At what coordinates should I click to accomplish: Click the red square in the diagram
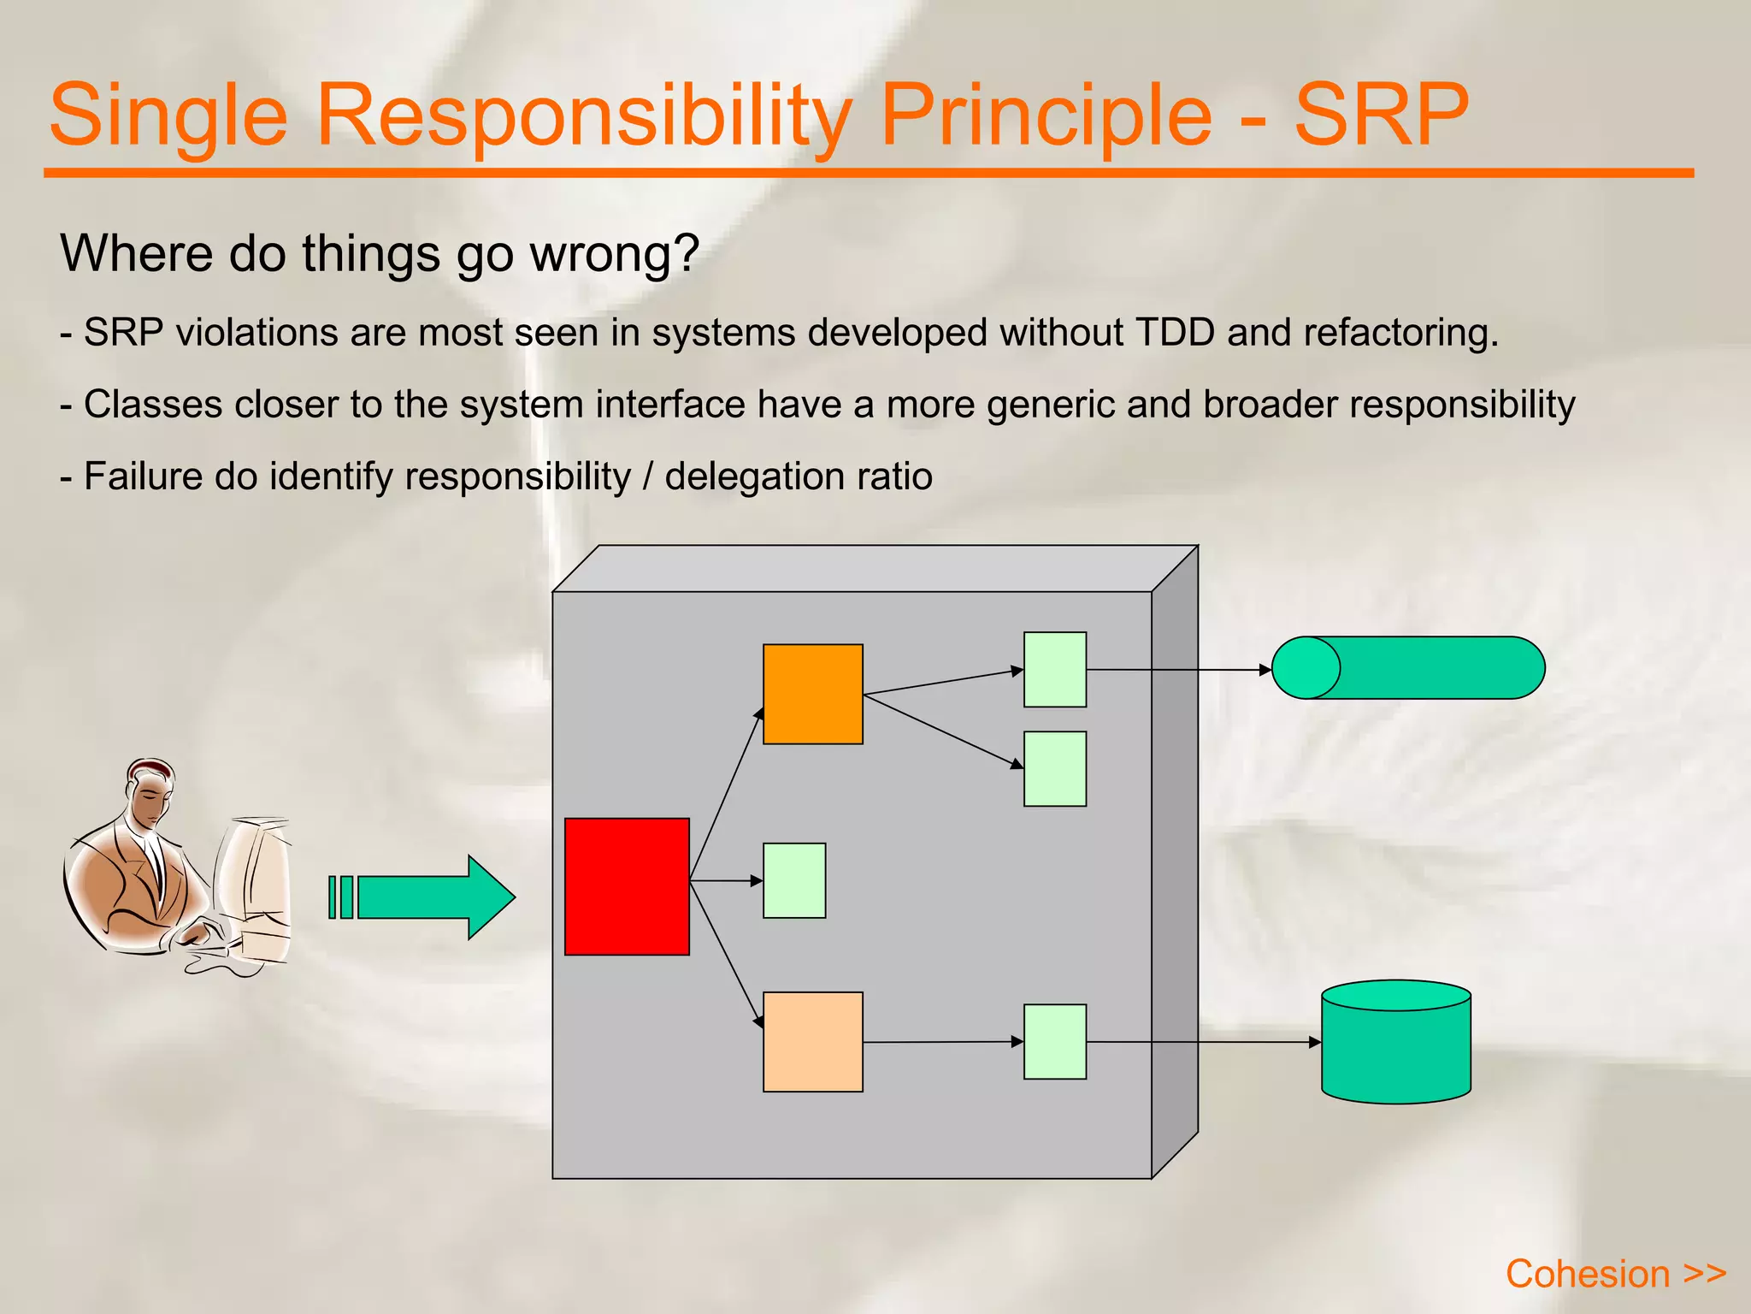[627, 886]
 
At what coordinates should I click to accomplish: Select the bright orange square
[812, 694]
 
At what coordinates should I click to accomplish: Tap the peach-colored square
[812, 1041]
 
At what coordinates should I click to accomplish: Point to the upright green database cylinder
[1395, 1042]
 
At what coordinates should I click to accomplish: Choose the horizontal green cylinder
[1408, 668]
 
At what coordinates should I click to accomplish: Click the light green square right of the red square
[794, 880]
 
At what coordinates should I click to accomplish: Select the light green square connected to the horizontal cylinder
[1055, 670]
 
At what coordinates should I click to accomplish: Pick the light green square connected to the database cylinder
[1055, 1041]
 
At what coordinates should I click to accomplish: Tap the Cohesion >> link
[1615, 1274]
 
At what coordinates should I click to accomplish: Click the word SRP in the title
[1380, 114]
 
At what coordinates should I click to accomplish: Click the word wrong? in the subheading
[615, 254]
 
